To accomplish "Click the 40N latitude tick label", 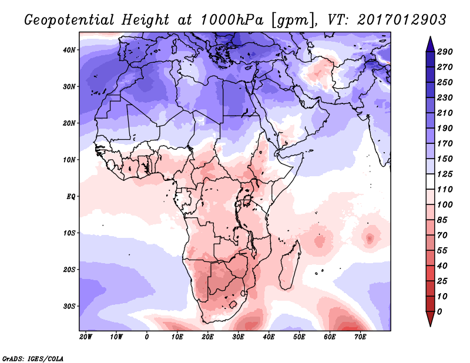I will pos(69,50).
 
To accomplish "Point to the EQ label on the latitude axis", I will pos(71,196).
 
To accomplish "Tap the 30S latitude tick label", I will pos(69,306).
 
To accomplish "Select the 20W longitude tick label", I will pos(86,337).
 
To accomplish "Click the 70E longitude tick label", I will pos(361,337).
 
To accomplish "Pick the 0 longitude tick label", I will pos(147,337).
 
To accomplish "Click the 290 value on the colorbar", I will pos(445,52).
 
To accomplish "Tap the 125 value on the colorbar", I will pos(445,175).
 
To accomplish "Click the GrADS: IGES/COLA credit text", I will pos(32,358).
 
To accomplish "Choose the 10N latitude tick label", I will pos(69,160).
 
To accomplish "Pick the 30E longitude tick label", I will pos(239,337).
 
